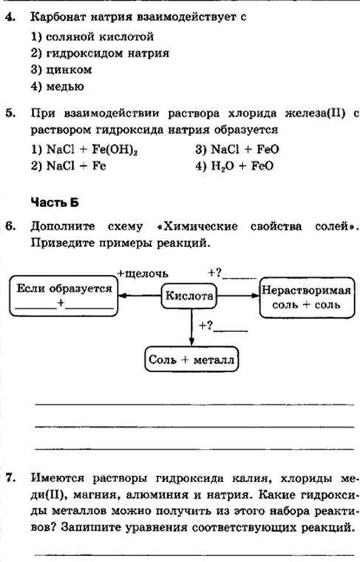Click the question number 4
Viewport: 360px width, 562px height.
tap(10, 17)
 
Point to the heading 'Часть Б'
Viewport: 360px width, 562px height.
tap(55, 203)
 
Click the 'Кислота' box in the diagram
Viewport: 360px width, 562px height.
tap(189, 296)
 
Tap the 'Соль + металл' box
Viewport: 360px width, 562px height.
tap(191, 359)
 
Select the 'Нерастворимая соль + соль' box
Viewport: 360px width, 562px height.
tap(307, 297)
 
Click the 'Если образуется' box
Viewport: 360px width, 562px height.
tap(64, 296)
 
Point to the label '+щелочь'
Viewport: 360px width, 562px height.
tap(143, 274)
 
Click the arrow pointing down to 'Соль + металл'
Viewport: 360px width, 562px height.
tap(191, 328)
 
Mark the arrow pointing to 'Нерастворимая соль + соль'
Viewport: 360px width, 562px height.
tap(238, 296)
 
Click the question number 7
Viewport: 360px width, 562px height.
tap(10, 478)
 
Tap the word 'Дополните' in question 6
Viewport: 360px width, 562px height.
tap(63, 226)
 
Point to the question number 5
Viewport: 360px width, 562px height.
tap(10, 113)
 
